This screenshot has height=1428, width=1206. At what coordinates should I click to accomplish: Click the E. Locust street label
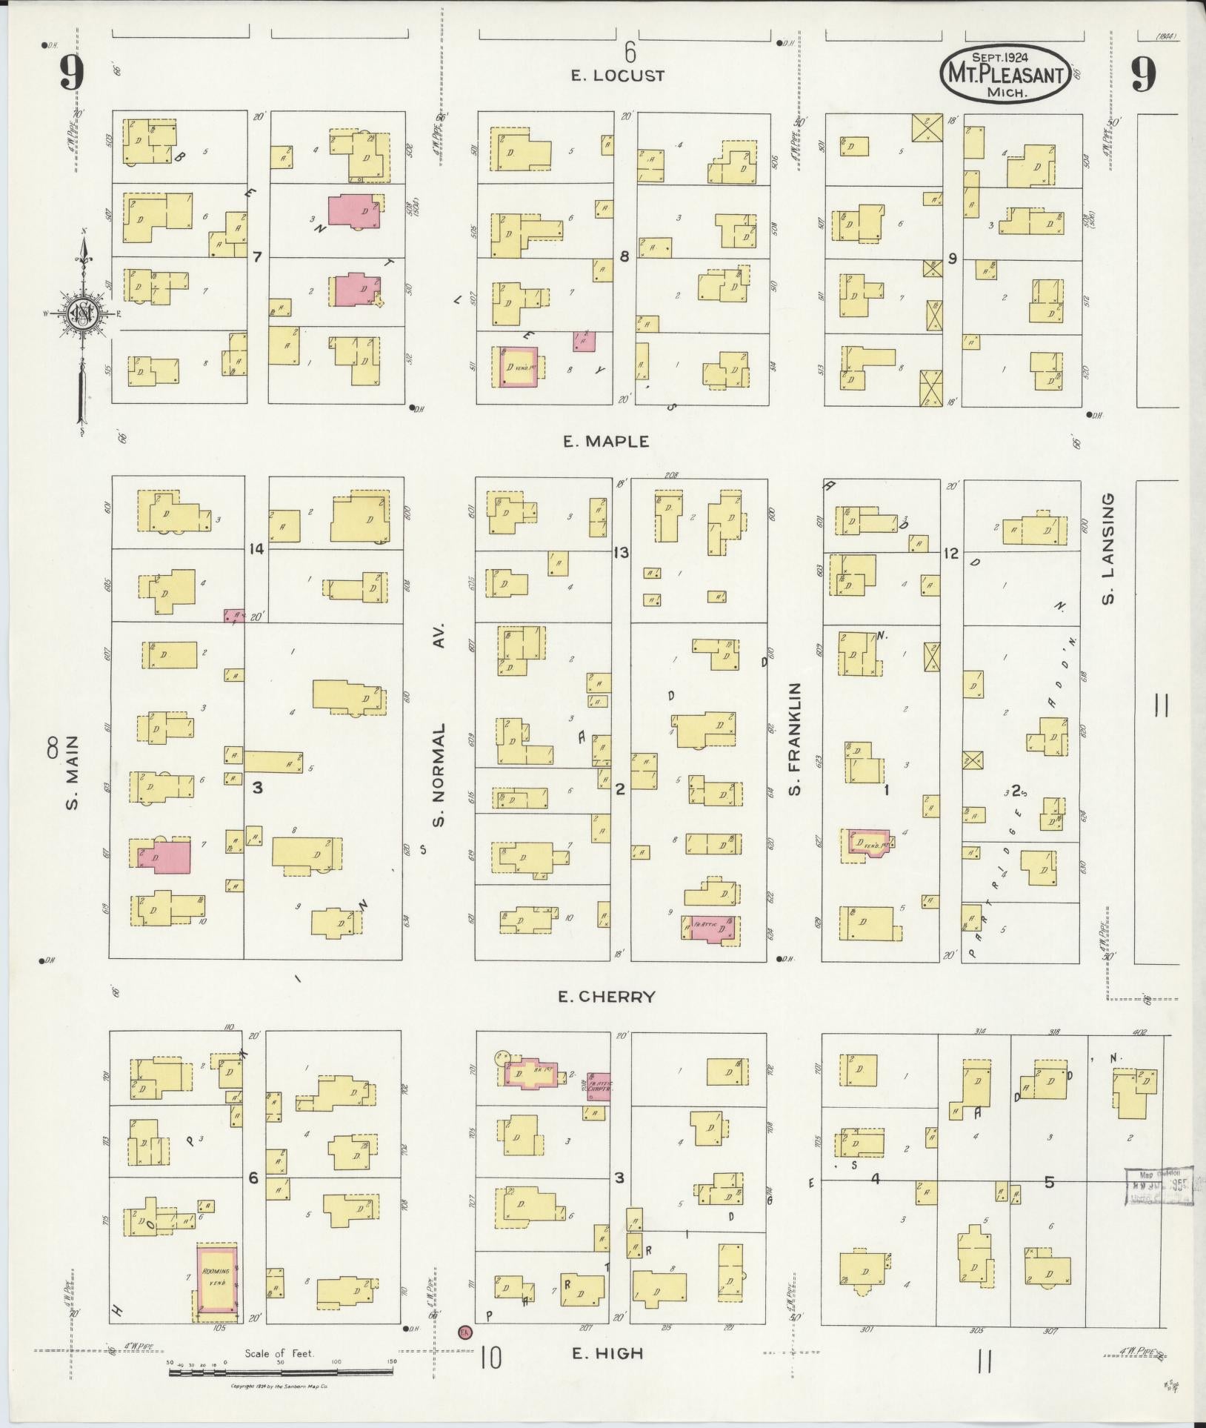click(618, 76)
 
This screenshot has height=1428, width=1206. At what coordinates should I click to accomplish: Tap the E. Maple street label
click(606, 442)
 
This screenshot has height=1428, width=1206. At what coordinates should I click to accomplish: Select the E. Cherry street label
click(607, 997)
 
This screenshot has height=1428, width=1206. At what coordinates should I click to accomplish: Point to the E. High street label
click(607, 1353)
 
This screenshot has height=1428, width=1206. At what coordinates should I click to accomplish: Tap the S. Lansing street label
click(1108, 549)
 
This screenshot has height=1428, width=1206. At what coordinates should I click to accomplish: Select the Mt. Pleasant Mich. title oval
click(1005, 74)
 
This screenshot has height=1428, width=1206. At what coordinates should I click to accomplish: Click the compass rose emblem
click(81, 314)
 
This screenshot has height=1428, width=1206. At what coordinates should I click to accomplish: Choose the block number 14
click(257, 549)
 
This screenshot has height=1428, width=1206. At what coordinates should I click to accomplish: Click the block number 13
click(621, 552)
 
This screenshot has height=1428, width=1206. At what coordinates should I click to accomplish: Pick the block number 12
click(951, 553)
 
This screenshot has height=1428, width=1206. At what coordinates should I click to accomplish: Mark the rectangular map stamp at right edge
click(1159, 1186)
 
